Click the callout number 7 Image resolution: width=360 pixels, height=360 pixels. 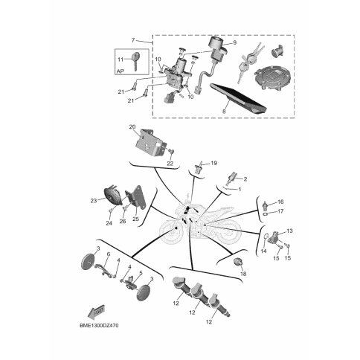[133, 40]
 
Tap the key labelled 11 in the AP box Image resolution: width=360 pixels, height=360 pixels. [135, 60]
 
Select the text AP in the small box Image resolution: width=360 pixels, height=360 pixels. [120, 71]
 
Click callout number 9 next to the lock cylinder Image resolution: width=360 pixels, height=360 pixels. [234, 42]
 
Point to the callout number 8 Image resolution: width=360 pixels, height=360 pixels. [224, 112]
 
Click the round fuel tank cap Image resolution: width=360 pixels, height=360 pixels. [271, 79]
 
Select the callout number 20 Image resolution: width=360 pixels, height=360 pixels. [132, 127]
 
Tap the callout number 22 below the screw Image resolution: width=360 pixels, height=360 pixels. [170, 164]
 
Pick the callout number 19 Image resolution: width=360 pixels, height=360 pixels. [213, 163]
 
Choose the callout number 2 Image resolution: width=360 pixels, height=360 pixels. [245, 179]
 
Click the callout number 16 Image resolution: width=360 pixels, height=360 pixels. [280, 202]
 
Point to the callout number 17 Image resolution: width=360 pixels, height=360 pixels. [280, 211]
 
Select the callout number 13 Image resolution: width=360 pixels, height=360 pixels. [289, 231]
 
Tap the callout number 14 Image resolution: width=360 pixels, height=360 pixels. [263, 251]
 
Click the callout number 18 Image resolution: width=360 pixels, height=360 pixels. [243, 274]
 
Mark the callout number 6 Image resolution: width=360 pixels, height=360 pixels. [109, 254]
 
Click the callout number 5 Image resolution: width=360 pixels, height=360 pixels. [141, 273]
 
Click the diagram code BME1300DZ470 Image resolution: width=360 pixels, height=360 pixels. [99, 325]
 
